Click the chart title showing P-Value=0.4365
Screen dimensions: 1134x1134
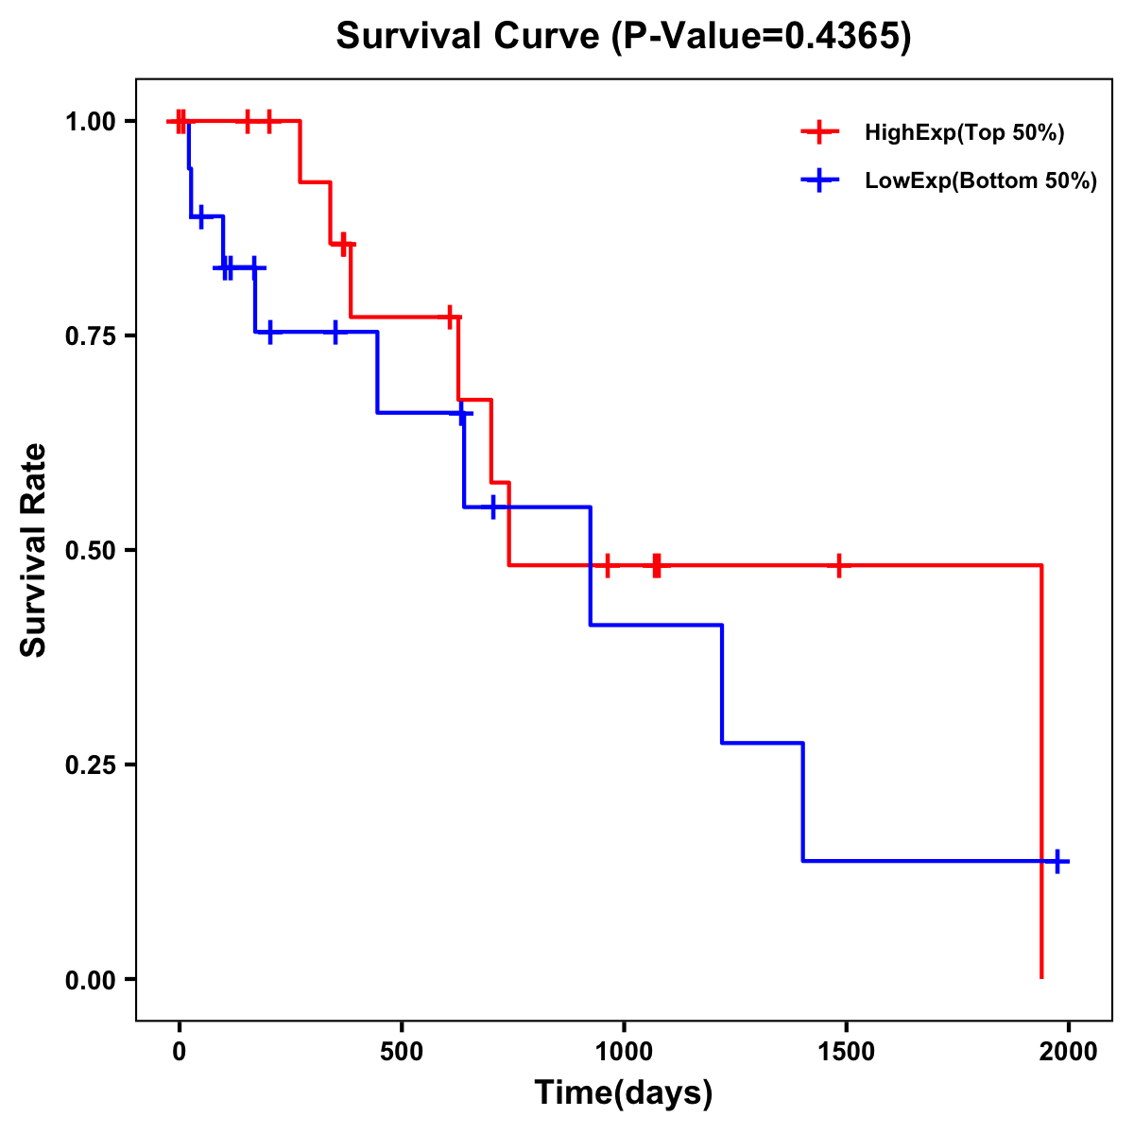click(624, 37)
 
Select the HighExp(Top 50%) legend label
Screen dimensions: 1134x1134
click(965, 132)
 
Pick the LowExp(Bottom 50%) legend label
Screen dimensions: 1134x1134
click(981, 180)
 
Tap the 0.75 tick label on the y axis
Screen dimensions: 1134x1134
click(89, 335)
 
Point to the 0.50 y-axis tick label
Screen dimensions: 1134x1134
click(89, 550)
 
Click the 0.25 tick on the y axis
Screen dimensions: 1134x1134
click(89, 765)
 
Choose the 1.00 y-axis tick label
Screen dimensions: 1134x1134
click(89, 122)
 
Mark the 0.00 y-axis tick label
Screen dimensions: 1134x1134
click(89, 979)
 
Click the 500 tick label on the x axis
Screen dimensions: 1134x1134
click(402, 1052)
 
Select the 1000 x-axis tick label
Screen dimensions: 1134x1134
click(624, 1052)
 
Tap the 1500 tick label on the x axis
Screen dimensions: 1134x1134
click(846, 1052)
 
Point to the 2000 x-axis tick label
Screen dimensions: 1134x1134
click(1069, 1052)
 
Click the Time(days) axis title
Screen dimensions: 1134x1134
click(624, 1093)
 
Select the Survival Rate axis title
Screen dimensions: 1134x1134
click(34, 550)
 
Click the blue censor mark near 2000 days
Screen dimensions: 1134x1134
click(1057, 861)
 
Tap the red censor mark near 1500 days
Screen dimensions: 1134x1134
click(838, 565)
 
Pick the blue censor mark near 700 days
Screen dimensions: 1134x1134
click(492, 507)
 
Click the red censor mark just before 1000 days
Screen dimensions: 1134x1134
click(608, 565)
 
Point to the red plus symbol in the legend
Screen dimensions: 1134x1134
click(820, 132)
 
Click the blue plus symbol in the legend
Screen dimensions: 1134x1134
click(820, 180)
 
